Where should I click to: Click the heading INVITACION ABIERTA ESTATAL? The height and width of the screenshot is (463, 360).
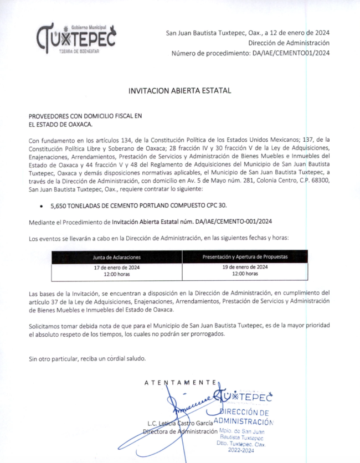click(x=179, y=90)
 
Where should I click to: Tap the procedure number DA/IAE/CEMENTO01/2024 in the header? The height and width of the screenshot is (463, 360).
click(x=291, y=53)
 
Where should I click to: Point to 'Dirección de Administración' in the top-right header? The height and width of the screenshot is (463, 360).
click(x=289, y=43)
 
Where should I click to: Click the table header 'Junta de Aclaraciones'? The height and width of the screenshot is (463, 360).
click(x=116, y=258)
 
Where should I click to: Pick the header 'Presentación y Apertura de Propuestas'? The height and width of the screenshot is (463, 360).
click(x=245, y=257)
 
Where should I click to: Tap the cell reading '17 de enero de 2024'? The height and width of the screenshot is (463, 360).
click(x=116, y=267)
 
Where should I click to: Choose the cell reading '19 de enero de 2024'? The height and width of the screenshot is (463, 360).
click(x=245, y=266)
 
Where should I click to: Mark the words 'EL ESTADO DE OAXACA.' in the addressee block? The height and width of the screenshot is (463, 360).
click(x=60, y=125)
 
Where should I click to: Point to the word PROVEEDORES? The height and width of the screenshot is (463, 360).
click(x=48, y=116)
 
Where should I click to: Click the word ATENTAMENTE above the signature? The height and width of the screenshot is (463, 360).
click(x=180, y=383)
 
